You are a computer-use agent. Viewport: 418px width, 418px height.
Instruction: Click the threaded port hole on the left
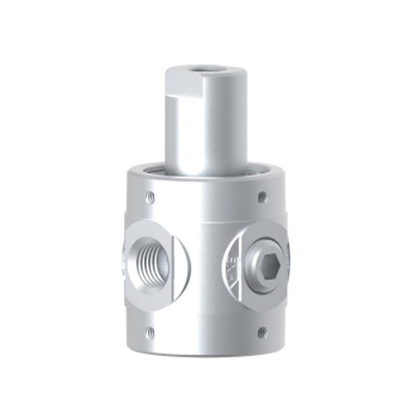click(x=151, y=262)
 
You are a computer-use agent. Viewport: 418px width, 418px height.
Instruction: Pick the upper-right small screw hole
click(x=262, y=197)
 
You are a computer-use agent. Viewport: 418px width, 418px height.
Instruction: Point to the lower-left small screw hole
click(x=150, y=332)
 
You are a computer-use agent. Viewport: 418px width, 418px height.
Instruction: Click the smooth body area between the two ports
click(x=206, y=276)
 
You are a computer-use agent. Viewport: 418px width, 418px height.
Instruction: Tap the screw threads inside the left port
click(x=144, y=262)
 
